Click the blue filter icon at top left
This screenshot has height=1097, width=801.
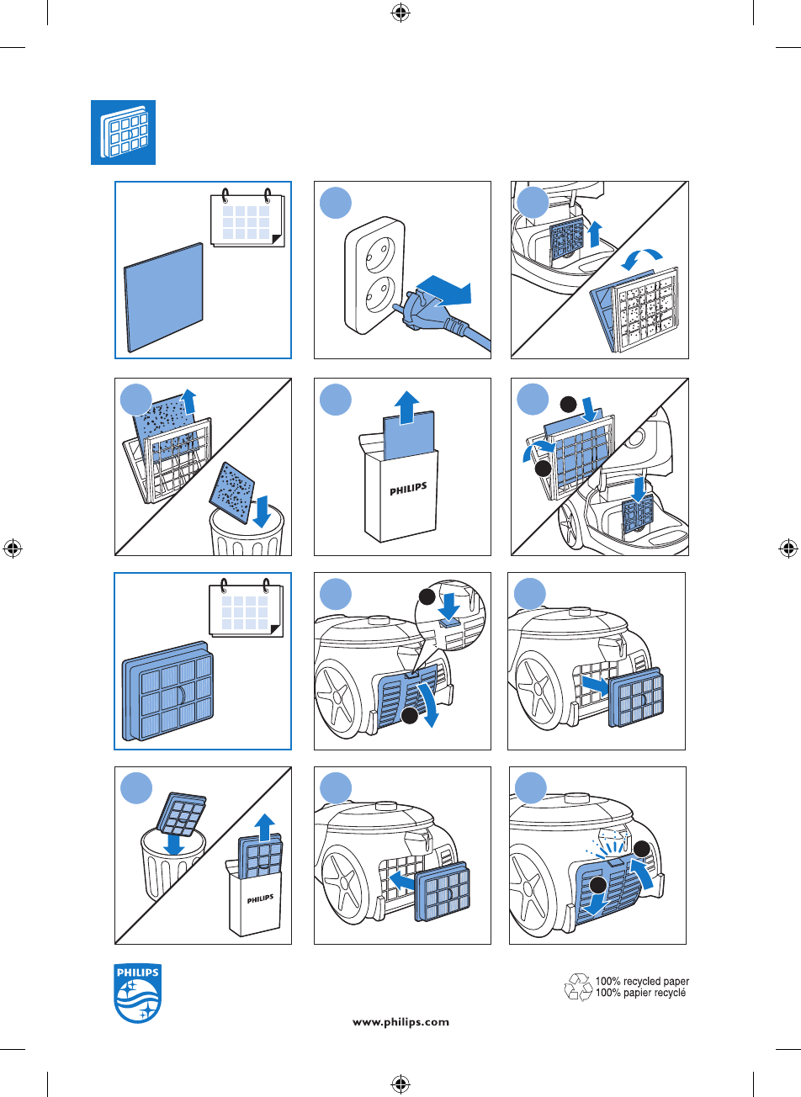(x=124, y=133)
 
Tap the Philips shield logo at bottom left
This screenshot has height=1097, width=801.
(x=137, y=994)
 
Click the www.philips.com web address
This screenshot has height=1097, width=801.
(x=400, y=1023)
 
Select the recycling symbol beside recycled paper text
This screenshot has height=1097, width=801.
(x=578, y=987)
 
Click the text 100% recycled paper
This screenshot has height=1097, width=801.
(x=642, y=982)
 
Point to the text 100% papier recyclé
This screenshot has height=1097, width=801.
(x=640, y=994)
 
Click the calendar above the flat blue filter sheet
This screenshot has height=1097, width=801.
(x=247, y=218)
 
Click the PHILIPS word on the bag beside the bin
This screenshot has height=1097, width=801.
(x=260, y=898)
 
